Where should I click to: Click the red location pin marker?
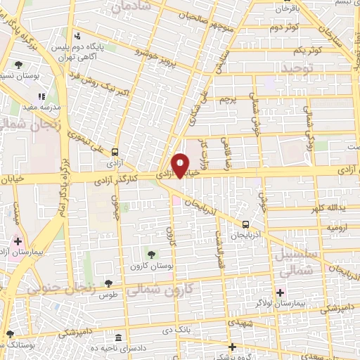click(x=181, y=165)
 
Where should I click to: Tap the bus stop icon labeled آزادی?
click(x=115, y=151)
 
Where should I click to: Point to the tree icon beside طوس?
click(x=108, y=283)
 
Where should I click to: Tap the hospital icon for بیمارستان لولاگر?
click(x=281, y=292)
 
